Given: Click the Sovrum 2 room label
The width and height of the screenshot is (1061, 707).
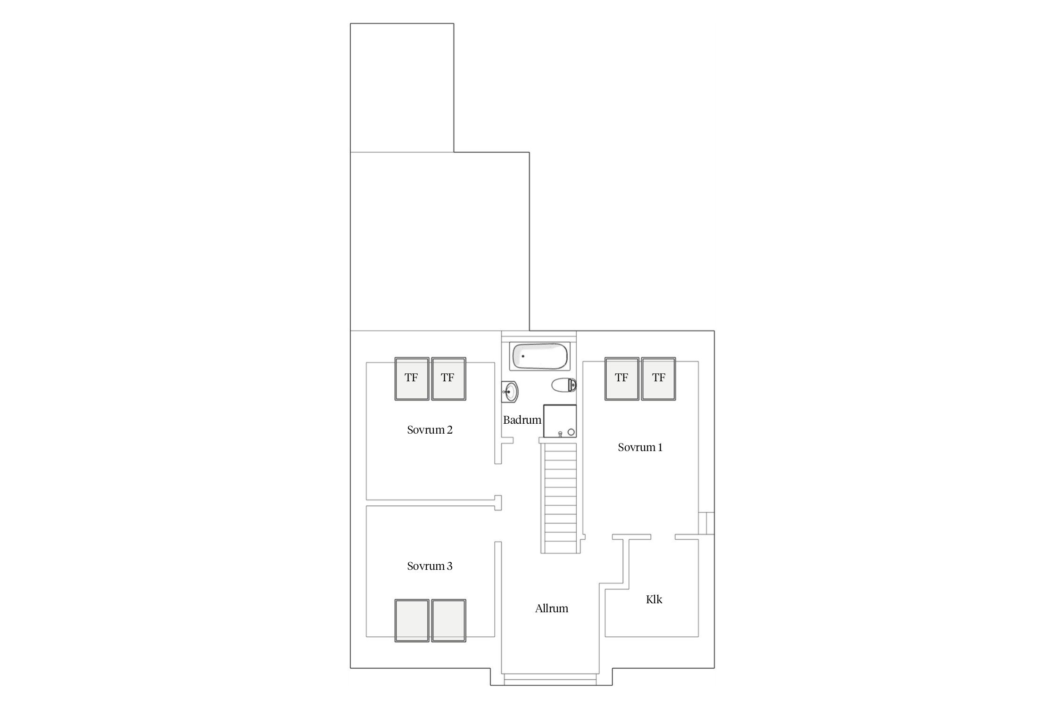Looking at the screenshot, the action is coord(430,430).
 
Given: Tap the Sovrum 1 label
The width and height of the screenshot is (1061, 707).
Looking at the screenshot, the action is coord(640,447).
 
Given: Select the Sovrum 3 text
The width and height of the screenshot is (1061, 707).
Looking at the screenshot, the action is coord(430,566).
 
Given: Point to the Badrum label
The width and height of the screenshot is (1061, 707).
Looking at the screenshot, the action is coord(522,420).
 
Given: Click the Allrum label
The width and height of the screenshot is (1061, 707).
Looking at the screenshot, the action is coord(551,608).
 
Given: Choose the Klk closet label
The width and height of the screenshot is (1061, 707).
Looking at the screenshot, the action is coord(654,600).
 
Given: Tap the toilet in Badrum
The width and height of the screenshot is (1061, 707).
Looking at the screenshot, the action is coord(564,385).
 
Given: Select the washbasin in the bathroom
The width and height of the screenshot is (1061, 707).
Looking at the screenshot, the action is coord(510,391).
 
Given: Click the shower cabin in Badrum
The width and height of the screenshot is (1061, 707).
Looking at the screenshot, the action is coord(560,421).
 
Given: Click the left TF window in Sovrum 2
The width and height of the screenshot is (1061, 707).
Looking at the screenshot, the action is coord(412,379).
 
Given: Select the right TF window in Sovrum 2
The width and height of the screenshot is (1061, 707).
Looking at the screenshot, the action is coord(449,379).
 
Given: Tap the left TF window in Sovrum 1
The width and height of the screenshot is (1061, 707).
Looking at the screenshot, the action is coord(622,379).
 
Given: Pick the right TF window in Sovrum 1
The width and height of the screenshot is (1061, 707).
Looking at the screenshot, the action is coord(658,379).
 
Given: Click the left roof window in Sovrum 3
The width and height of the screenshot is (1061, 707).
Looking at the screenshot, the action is coord(412,621).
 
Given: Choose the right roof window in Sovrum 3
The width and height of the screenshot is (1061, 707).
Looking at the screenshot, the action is coord(449,621).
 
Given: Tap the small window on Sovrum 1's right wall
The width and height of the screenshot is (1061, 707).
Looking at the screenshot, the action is coord(706,523).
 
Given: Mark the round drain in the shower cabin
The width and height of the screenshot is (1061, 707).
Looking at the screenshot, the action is coord(571,432).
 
